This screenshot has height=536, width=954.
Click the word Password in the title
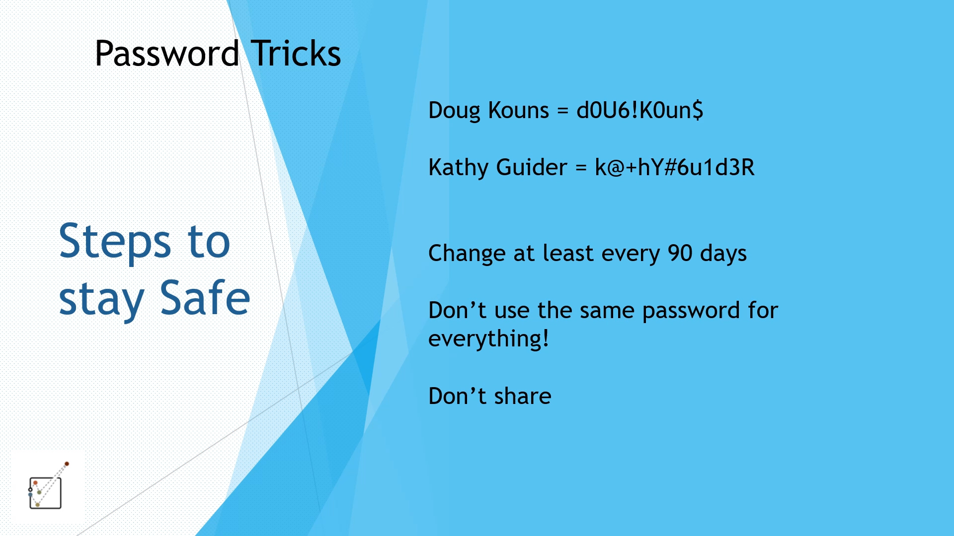[167, 54]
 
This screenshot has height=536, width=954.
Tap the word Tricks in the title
[296, 54]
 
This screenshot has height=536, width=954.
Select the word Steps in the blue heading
[115, 242]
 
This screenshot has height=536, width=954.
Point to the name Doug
[454, 111]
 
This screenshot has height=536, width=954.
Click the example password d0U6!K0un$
[640, 110]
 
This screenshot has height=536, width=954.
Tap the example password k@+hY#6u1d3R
[675, 167]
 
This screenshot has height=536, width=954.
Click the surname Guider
[532, 167]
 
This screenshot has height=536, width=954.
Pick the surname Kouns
[519, 110]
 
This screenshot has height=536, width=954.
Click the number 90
[680, 253]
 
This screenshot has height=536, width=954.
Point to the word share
[523, 396]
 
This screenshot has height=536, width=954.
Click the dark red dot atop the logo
[67, 464]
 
